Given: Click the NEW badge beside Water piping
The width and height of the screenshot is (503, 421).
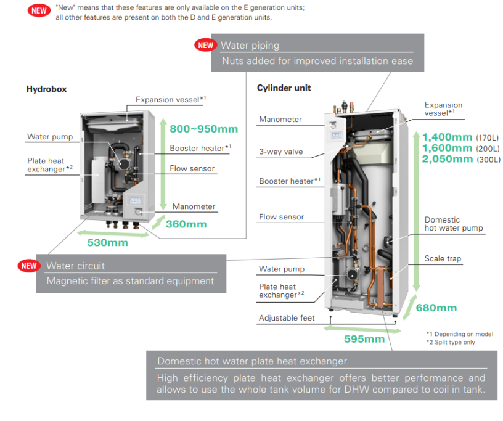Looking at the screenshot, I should pos(206,45).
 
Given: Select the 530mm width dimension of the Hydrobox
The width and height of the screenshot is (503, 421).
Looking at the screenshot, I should pos(108,242).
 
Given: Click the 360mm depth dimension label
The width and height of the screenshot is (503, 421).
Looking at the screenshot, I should pos(186,224).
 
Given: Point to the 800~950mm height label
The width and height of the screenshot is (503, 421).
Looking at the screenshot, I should pos(204,129).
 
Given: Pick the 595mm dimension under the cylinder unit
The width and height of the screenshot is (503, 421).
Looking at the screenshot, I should pos(364,338).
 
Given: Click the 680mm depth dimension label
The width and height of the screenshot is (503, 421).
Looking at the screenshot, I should pos(436,308).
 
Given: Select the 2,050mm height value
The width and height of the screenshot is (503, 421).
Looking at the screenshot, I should pos(448,159).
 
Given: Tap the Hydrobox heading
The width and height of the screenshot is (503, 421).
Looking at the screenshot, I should pos(46,89).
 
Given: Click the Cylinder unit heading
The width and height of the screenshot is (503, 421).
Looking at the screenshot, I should pos(284,88).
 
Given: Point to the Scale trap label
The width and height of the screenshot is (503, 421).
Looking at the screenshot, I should pos(443,259).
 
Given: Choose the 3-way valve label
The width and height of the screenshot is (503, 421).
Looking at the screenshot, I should pos(280,152).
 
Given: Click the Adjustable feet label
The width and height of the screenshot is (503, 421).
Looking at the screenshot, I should pos(287,318).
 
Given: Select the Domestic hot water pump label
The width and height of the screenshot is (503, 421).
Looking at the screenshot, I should pos(453,224).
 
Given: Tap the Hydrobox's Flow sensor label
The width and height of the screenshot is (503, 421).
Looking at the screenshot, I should pos(192,168).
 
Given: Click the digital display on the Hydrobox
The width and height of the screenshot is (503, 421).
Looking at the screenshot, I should pos(136,202).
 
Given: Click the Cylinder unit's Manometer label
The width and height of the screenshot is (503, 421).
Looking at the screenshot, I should pos(280,120).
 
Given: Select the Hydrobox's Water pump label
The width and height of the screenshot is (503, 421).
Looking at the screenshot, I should pos(50,137).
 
